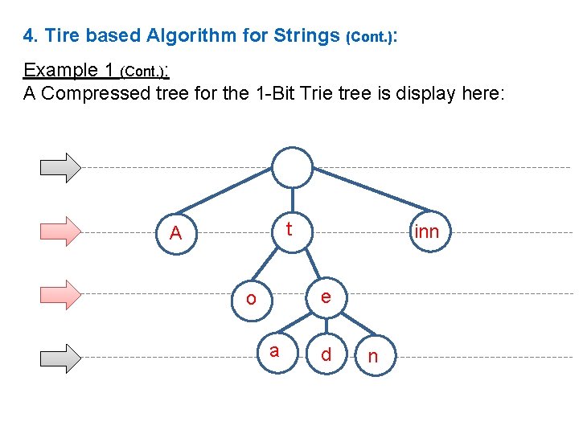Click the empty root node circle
pyautogui.click(x=291, y=167)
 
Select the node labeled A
pyautogui.click(x=176, y=233)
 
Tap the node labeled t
pyautogui.click(x=288, y=230)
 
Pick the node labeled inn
pyautogui.click(x=426, y=231)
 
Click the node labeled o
pyautogui.click(x=251, y=298)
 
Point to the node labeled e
pyautogui.click(x=325, y=296)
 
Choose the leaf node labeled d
pyautogui.click(x=326, y=354)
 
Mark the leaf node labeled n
pyautogui.click(x=372, y=356)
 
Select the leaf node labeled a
pyautogui.click(x=274, y=351)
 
